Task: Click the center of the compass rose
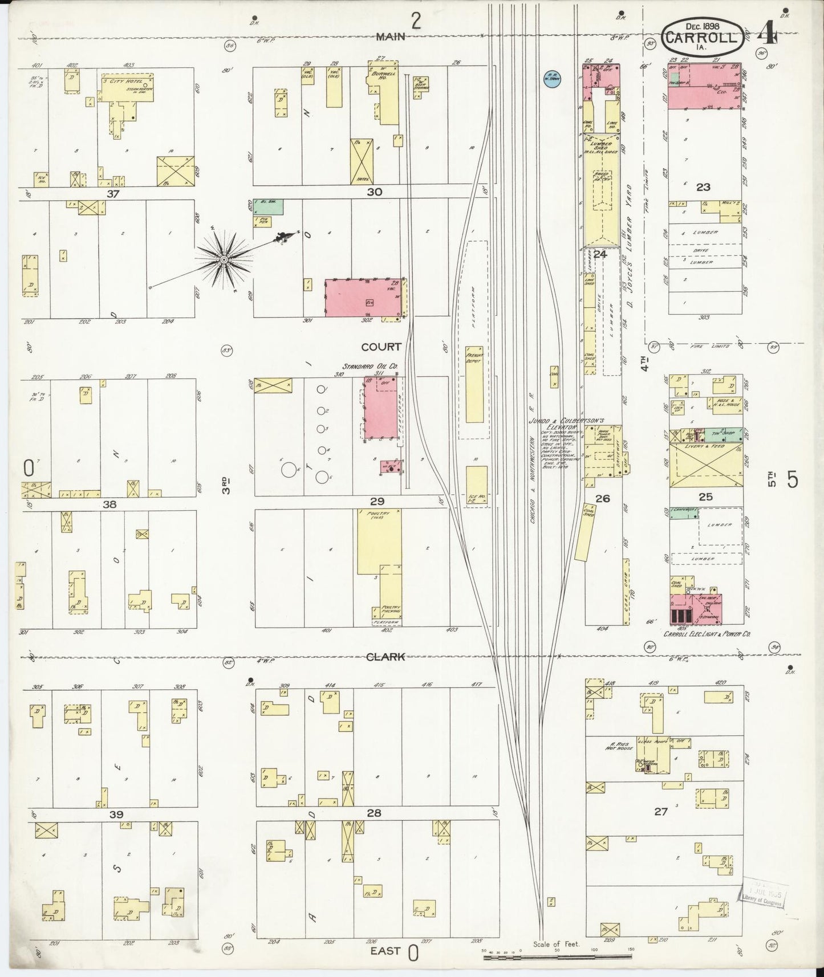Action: coord(224,260)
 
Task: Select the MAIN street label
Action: coord(390,37)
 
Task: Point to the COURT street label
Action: coord(381,347)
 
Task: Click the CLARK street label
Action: coord(385,657)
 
